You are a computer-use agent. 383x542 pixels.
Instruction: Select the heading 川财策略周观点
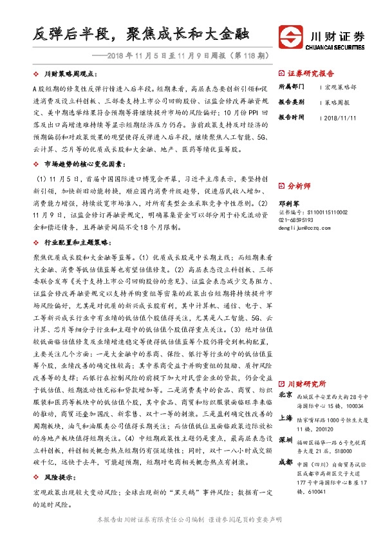pyautogui.click(x=71, y=75)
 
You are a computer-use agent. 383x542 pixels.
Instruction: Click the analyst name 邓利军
pyautogui.click(x=288, y=202)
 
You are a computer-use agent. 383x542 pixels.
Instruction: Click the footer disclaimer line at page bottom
pyautogui.click(x=191, y=519)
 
